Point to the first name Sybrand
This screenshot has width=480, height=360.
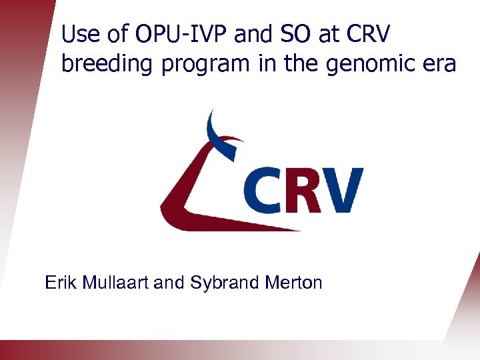pos(219,283)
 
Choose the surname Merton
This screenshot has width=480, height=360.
pos(289,283)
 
